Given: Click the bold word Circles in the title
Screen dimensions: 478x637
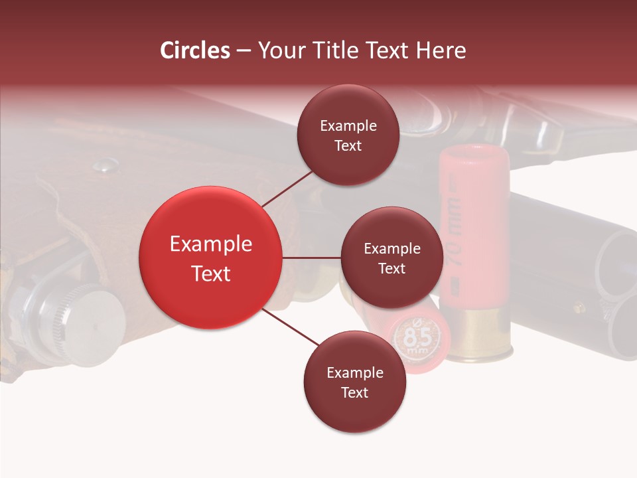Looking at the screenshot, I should (x=194, y=50).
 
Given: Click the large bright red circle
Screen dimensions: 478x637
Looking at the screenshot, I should (x=211, y=258).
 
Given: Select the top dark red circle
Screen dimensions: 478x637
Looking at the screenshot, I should (x=348, y=135).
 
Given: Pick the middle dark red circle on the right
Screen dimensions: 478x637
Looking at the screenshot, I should (x=391, y=258).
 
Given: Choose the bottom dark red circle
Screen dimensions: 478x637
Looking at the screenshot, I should (x=354, y=382).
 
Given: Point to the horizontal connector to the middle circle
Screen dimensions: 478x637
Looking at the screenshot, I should (x=312, y=258).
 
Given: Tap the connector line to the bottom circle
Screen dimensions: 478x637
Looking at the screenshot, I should (x=292, y=328).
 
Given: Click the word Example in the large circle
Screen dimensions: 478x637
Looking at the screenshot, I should (x=211, y=244).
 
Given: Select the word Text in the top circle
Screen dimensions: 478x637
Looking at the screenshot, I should (x=348, y=145).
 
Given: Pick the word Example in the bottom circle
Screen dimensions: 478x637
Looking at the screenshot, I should (x=354, y=372).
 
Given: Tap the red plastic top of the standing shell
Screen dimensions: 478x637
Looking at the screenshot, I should (x=474, y=166).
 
